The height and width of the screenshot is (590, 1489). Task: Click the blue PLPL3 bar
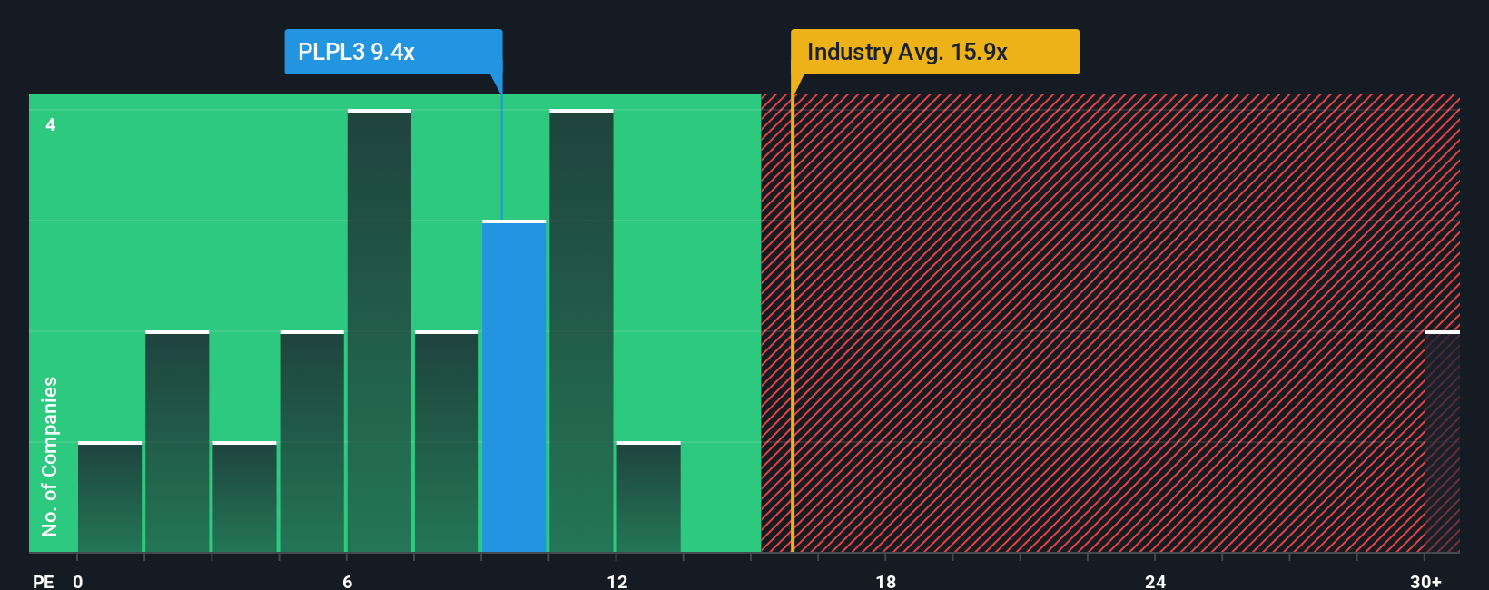pyautogui.click(x=514, y=386)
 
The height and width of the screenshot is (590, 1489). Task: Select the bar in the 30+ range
pyautogui.click(x=1442, y=442)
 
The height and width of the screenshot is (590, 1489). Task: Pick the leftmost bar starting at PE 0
pyautogui.click(x=110, y=497)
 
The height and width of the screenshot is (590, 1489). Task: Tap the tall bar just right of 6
pyautogui.click(x=380, y=331)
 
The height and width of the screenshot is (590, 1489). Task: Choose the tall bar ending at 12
pyautogui.click(x=581, y=331)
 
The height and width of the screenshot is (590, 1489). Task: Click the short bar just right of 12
pyautogui.click(x=648, y=497)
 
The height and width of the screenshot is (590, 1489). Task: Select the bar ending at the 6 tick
pyautogui.click(x=312, y=442)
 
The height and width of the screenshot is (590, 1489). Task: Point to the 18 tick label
pyautogui.click(x=886, y=581)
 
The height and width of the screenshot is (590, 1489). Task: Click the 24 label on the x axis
pyautogui.click(x=1155, y=581)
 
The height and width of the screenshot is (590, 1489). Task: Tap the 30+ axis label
pyautogui.click(x=1425, y=581)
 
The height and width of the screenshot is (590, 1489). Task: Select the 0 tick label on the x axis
pyautogui.click(x=78, y=581)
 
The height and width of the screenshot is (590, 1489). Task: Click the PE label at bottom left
pyautogui.click(x=43, y=581)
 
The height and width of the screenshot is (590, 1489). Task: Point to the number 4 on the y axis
pyautogui.click(x=51, y=124)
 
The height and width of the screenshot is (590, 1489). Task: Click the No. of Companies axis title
pyautogui.click(x=50, y=456)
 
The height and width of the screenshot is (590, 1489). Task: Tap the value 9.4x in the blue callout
pyautogui.click(x=392, y=52)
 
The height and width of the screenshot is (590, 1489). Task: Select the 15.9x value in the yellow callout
pyautogui.click(x=979, y=52)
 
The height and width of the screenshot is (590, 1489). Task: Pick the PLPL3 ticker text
pyautogui.click(x=330, y=52)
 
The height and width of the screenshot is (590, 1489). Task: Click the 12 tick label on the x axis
pyautogui.click(x=617, y=581)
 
